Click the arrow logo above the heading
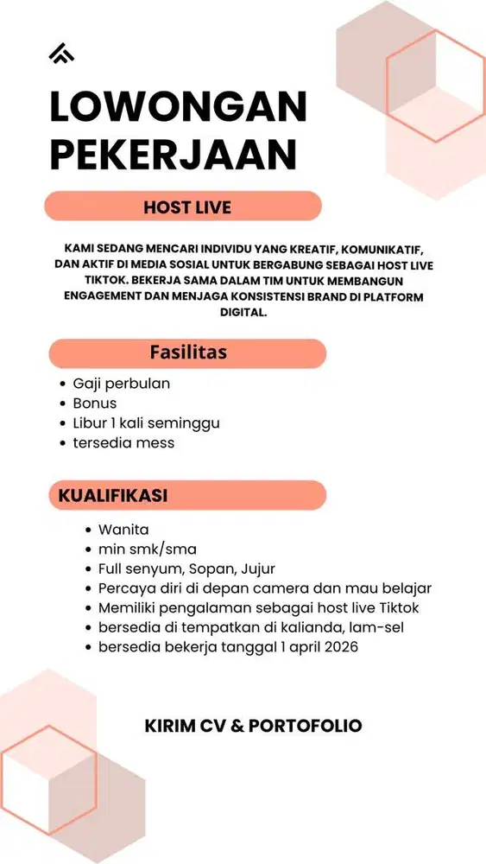tap(61, 53)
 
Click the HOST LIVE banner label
tap(187, 207)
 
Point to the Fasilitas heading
tap(188, 353)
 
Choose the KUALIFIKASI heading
tap(113, 495)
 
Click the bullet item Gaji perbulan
tap(121, 384)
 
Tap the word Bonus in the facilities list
tap(95, 403)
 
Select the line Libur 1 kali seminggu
tap(146, 423)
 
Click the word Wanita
tap(123, 530)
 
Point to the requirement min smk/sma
tap(148, 550)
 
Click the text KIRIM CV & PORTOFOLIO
tap(254, 726)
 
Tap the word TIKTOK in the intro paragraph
tap(90, 282)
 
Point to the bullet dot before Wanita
tap(90, 530)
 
